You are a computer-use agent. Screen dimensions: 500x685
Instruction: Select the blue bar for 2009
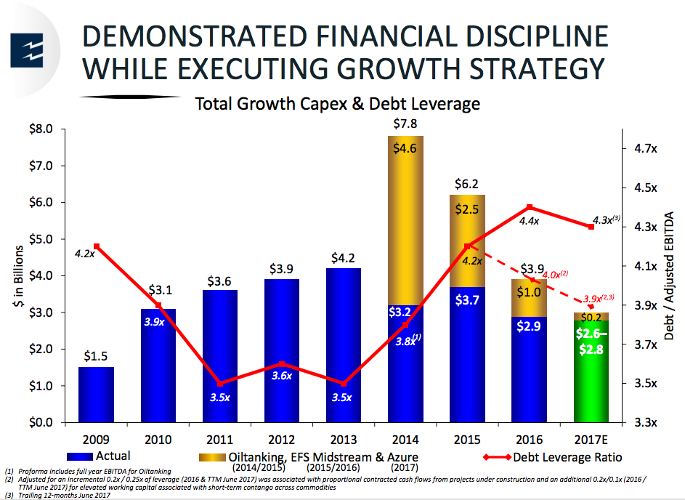pos(96,395)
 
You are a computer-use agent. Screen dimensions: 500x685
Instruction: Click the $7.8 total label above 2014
pos(404,124)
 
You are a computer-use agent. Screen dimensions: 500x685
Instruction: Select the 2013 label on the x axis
pos(344,439)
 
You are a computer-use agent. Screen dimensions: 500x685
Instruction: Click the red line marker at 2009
pos(97,246)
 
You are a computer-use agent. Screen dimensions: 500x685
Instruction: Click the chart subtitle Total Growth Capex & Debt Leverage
pos(337,104)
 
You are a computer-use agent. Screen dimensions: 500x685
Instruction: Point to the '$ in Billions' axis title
pos(18,277)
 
